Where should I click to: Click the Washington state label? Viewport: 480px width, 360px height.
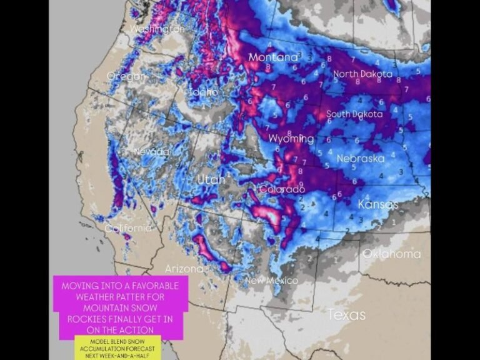pyautogui.click(x=157, y=29)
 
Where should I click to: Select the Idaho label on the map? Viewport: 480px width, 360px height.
pyautogui.click(x=204, y=92)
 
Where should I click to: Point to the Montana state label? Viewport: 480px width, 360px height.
pyautogui.click(x=273, y=57)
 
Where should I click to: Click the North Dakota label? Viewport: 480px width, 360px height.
pyautogui.click(x=362, y=74)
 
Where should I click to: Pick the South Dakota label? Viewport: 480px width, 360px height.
pyautogui.click(x=354, y=114)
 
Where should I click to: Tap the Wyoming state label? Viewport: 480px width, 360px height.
pyautogui.click(x=291, y=138)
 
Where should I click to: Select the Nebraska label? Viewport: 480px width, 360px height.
pyautogui.click(x=361, y=159)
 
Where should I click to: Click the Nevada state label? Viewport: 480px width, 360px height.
pyautogui.click(x=151, y=152)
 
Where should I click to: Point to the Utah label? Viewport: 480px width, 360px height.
pyautogui.click(x=211, y=180)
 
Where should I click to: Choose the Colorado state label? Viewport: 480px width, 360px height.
pyautogui.click(x=282, y=189)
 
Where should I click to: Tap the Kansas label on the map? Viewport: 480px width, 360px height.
pyautogui.click(x=377, y=204)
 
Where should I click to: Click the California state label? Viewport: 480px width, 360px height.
pyautogui.click(x=128, y=228)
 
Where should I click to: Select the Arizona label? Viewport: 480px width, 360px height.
pyautogui.click(x=184, y=269)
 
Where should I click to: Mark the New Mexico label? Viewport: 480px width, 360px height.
pyautogui.click(x=271, y=281)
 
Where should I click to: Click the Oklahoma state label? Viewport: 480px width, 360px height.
pyautogui.click(x=392, y=254)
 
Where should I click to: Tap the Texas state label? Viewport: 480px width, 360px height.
pyautogui.click(x=347, y=314)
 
